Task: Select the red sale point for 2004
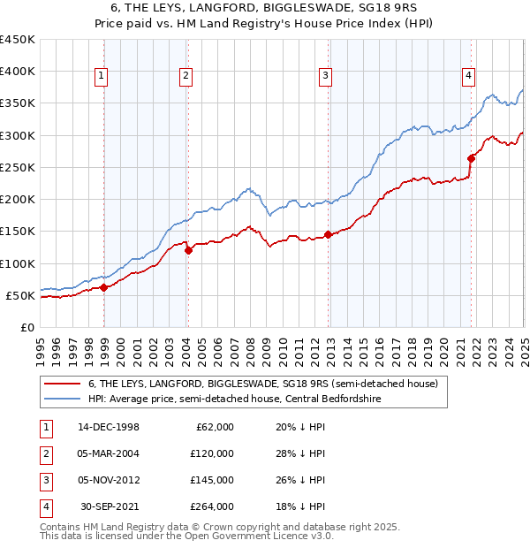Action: point(188,250)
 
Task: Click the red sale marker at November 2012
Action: point(328,234)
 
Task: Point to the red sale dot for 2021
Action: point(471,158)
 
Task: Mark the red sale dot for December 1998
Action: point(103,287)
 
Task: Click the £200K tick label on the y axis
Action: point(18,200)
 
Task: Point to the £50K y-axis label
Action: point(21,295)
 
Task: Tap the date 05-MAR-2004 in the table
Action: point(109,453)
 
